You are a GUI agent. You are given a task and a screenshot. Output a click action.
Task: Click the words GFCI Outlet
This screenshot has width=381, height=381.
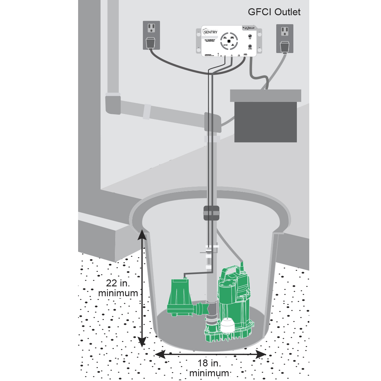click(x=274, y=12)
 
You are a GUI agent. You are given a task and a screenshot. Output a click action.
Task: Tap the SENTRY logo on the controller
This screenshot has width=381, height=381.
click(x=210, y=32)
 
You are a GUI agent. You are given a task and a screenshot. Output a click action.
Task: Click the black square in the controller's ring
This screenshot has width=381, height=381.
click(x=229, y=41)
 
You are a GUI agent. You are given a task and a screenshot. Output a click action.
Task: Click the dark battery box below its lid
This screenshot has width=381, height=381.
click(x=265, y=122)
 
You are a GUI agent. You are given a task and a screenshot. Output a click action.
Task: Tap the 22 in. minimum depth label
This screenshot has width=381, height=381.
click(x=118, y=288)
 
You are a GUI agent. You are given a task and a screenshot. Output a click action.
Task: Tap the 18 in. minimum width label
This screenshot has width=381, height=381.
click(x=209, y=368)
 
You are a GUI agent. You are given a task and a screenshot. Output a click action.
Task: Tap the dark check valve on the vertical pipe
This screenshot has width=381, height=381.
click(x=211, y=213)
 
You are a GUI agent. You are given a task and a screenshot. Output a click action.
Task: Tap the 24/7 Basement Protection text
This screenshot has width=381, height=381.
click(x=210, y=41)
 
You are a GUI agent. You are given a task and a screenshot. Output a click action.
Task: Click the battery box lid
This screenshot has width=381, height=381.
click(x=265, y=95)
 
